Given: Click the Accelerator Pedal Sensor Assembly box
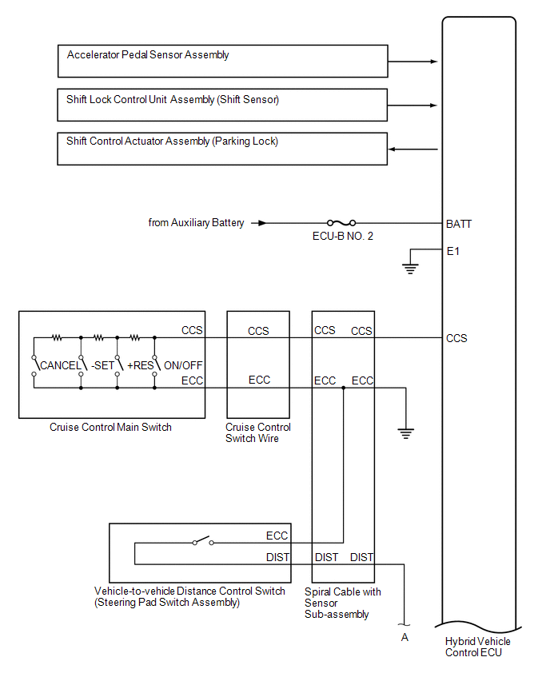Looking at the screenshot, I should pyautogui.click(x=222, y=61).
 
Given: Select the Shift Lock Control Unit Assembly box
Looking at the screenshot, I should pyautogui.click(x=222, y=105).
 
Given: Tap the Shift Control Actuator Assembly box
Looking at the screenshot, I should pyautogui.click(x=222, y=149).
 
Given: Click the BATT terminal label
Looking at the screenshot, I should pyautogui.click(x=459, y=224).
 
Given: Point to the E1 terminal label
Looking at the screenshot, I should pyautogui.click(x=453, y=251).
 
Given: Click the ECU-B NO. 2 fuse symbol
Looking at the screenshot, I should pyautogui.click(x=342, y=223).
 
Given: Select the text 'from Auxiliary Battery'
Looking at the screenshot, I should pyautogui.click(x=196, y=223).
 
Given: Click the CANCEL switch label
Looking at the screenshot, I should pyautogui.click(x=60, y=365).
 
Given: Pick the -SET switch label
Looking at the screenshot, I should pyautogui.click(x=102, y=365).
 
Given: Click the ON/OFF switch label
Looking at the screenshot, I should pyautogui.click(x=183, y=365).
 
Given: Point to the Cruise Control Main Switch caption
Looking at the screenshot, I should pyautogui.click(x=110, y=428).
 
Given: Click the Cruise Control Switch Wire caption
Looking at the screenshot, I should pyautogui.click(x=258, y=433).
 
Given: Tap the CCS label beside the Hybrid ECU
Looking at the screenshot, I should pyautogui.click(x=456, y=338).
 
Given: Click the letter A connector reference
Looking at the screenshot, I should pyautogui.click(x=405, y=638).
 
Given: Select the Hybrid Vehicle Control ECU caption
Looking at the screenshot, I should pyautogui.click(x=478, y=647).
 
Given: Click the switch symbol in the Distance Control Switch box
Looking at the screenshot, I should pyautogui.click(x=203, y=542).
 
